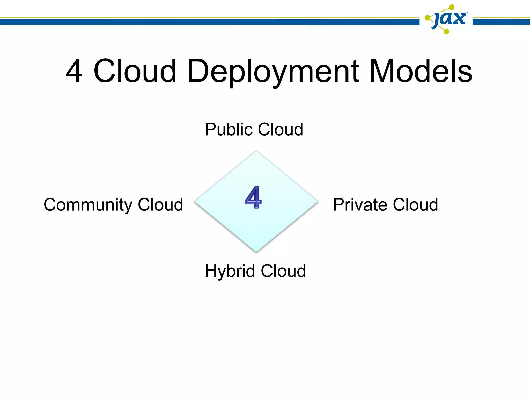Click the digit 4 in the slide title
74,71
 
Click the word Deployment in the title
273,72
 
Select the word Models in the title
421,71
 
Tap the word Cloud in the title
135,71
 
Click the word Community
88,205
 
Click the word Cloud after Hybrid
283,271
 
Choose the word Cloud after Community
160,205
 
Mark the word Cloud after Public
281,129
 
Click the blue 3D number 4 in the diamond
253,197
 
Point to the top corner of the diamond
256,151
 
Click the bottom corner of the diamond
256,252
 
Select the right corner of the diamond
318,201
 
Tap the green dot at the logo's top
452,7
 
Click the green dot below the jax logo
446,32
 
